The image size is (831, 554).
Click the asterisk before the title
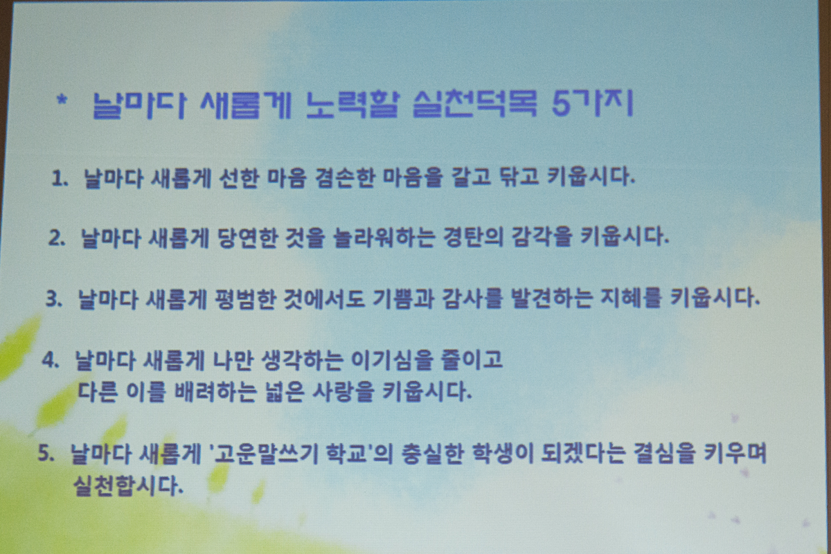pyautogui.click(x=62, y=100)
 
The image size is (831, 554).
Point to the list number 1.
pyautogui.click(x=60, y=179)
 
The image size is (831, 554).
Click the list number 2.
pyautogui.click(x=57, y=238)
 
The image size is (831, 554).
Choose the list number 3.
pyautogui.click(x=54, y=298)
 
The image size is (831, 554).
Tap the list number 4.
pyautogui.click(x=51, y=359)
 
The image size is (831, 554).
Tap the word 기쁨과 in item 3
pyautogui.click(x=403, y=298)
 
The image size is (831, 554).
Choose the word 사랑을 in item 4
pyautogui.click(x=342, y=392)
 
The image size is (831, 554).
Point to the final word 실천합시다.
pyautogui.click(x=128, y=485)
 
